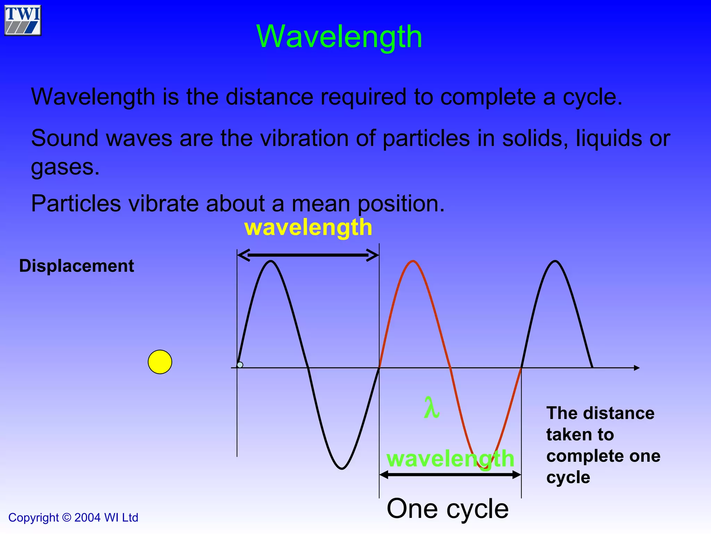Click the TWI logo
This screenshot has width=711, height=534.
[23, 20]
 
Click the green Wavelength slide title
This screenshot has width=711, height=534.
[339, 37]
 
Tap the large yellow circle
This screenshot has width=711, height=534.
[160, 362]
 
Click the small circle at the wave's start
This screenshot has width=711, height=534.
[240, 365]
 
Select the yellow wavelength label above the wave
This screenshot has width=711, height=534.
[308, 227]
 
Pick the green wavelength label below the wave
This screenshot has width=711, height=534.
[450, 459]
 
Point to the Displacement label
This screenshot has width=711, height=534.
[76, 266]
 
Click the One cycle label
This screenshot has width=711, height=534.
[447, 509]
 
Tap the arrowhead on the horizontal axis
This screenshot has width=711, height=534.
[636, 368]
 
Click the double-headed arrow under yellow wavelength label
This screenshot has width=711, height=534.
[308, 255]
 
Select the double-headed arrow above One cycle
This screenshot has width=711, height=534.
[450, 475]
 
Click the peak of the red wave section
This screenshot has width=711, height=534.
[413, 261]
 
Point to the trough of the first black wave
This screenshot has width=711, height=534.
[342, 468]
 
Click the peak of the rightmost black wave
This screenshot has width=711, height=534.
[555, 261]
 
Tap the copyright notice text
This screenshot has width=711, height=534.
[73, 518]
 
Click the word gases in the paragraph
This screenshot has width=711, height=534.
[65, 167]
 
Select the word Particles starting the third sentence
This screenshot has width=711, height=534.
[76, 203]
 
